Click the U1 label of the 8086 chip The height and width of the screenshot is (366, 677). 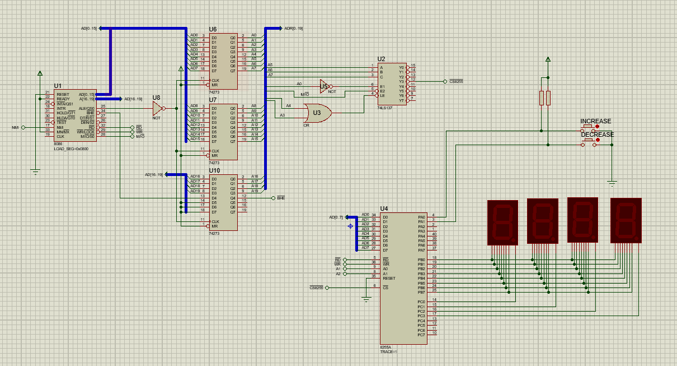click(x=58, y=86)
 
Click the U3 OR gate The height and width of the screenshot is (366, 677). click(x=317, y=113)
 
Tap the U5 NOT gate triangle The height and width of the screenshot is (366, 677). click(x=324, y=86)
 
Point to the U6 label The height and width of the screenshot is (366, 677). click(x=213, y=29)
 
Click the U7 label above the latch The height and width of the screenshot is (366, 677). click(x=213, y=100)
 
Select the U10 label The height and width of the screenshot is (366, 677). click(x=214, y=170)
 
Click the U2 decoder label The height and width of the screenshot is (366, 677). click(x=381, y=59)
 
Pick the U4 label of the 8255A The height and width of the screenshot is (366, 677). click(x=384, y=209)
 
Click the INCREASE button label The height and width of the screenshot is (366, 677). click(x=595, y=121)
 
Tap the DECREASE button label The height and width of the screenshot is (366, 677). click(x=597, y=135)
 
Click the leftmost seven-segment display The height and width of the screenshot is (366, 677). click(x=502, y=221)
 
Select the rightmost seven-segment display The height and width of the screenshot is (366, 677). click(x=626, y=220)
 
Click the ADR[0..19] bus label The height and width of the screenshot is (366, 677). click(x=293, y=28)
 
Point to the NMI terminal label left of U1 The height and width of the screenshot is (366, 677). click(x=15, y=128)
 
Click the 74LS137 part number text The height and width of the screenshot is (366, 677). click(x=384, y=107)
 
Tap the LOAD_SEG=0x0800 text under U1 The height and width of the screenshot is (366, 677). click(x=70, y=149)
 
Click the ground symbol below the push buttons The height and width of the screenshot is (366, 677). click(x=612, y=183)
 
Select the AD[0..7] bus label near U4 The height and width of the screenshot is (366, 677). click(x=336, y=217)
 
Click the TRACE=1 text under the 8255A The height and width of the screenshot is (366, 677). click(x=388, y=351)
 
